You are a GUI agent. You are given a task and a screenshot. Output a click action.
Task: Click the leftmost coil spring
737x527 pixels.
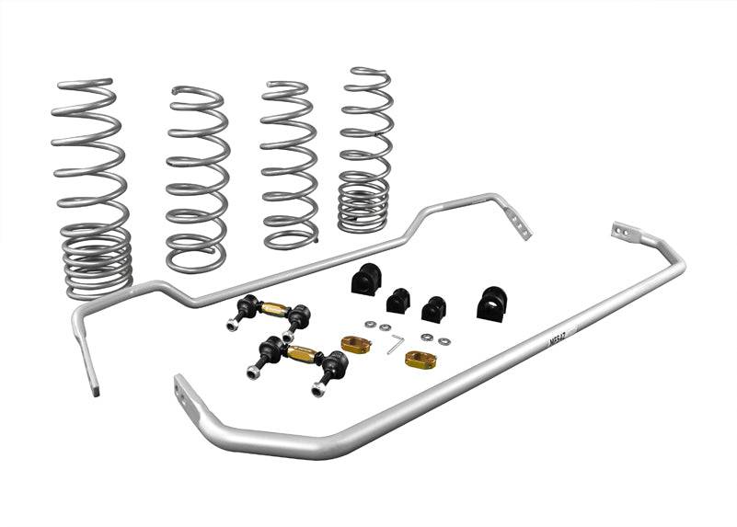point(90,184)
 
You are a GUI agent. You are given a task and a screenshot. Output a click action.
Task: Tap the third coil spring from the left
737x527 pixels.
point(289,166)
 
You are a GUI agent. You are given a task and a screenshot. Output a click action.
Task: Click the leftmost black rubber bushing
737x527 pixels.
point(363,279)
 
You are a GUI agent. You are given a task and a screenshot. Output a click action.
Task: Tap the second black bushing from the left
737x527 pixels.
point(398,300)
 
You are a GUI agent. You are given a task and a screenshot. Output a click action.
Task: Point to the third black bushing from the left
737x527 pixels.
point(433,308)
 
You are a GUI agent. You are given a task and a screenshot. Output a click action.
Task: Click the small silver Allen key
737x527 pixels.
point(395,343)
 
